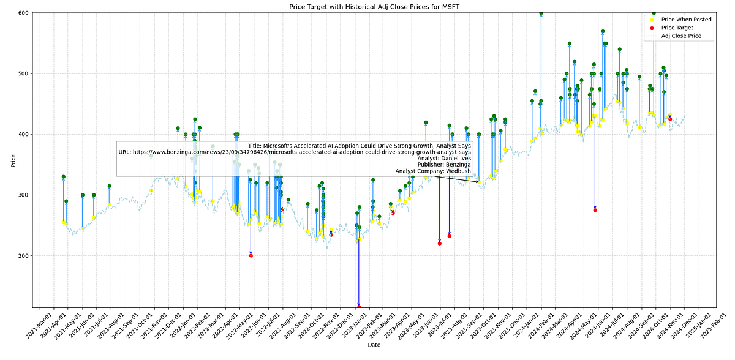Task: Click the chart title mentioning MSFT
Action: coord(367,6)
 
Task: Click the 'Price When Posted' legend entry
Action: coord(686,20)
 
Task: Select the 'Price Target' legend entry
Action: coord(677,28)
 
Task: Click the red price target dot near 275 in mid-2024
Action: coord(595,210)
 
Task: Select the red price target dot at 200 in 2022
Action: coord(251,255)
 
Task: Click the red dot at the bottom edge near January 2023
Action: coord(359,306)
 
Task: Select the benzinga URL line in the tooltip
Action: coord(295,152)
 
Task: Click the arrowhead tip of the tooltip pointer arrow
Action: coord(480,182)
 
